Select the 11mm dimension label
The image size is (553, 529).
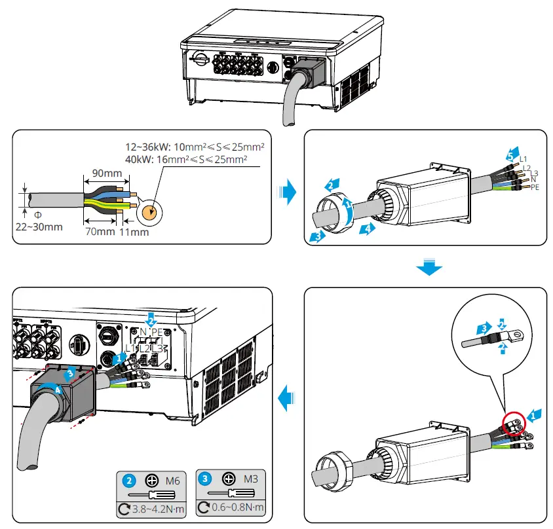click(x=134, y=231)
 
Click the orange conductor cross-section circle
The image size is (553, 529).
click(x=149, y=211)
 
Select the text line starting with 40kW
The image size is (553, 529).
click(x=186, y=159)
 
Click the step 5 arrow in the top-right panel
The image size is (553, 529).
click(x=512, y=155)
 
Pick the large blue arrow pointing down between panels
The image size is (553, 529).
click(x=429, y=267)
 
